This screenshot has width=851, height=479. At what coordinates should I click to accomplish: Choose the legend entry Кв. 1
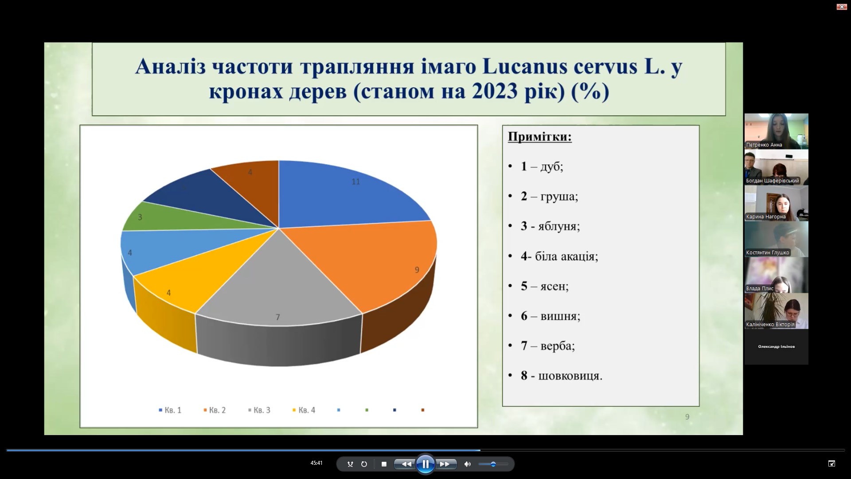(170, 410)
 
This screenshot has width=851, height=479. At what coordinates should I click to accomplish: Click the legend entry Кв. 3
(259, 410)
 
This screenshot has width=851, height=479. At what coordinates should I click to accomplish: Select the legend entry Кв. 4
(304, 410)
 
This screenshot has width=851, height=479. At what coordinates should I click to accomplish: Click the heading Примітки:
(540, 137)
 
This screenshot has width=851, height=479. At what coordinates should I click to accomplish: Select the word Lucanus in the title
(525, 67)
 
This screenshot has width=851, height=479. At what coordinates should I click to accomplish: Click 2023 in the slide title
(495, 91)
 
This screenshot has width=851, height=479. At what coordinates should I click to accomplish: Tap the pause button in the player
(425, 464)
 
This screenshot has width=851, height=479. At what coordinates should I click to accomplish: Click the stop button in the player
(384, 464)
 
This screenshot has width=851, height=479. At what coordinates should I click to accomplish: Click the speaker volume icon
(467, 464)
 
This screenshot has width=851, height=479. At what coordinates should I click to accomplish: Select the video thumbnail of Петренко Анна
(776, 131)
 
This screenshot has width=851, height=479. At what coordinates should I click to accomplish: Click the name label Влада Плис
(760, 289)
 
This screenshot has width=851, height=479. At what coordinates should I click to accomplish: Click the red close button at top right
(842, 7)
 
